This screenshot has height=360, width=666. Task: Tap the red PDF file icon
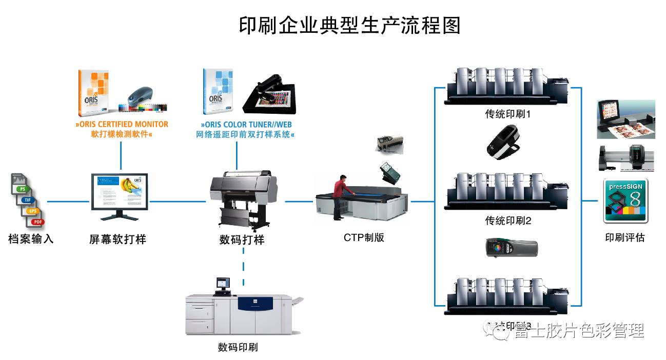pos(37,222)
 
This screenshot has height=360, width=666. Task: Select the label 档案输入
pos(31,239)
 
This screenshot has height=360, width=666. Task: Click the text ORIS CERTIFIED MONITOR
pos(122,125)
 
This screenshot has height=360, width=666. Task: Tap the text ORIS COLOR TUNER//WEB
pos(247,125)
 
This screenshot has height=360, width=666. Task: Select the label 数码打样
pos(242,239)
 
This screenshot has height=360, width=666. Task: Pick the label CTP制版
pos(364,237)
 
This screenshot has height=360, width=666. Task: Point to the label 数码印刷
pos(238,347)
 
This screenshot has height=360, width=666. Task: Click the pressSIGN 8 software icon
pos(625,201)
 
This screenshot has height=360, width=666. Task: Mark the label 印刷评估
pos(624,237)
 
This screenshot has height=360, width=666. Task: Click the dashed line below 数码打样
pos(243,267)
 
